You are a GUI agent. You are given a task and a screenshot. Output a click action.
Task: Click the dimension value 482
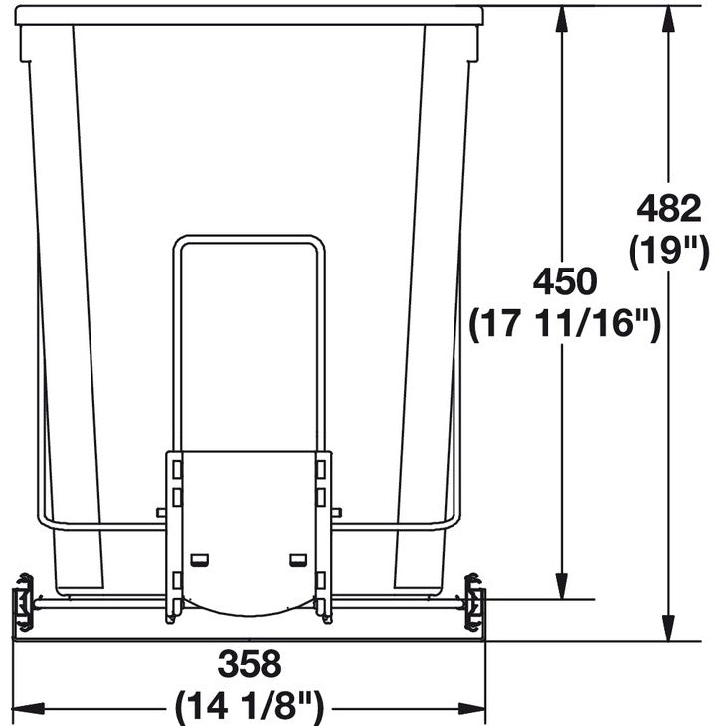pyautogui.click(x=669, y=209)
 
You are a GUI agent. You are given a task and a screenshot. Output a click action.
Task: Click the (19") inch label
pyautogui.click(x=669, y=250)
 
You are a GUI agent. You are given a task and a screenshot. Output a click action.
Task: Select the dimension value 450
pyautogui.click(x=565, y=281)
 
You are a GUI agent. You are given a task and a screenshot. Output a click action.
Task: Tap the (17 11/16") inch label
pyautogui.click(x=565, y=323)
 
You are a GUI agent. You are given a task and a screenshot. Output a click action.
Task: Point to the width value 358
pyautogui.click(x=250, y=662)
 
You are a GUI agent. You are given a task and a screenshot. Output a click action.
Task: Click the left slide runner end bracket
pyautogui.click(x=22, y=603)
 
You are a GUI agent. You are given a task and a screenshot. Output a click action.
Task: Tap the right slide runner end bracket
pyautogui.click(x=475, y=603)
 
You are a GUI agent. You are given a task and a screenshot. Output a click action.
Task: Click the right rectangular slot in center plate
pyautogui.click(x=297, y=559)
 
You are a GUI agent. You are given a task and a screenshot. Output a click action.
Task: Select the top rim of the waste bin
pyautogui.click(x=249, y=15)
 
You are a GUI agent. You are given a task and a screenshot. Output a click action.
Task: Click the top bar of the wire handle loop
pyautogui.click(x=249, y=238)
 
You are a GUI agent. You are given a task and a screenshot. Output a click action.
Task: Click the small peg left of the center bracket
pyautogui.click(x=161, y=513)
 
